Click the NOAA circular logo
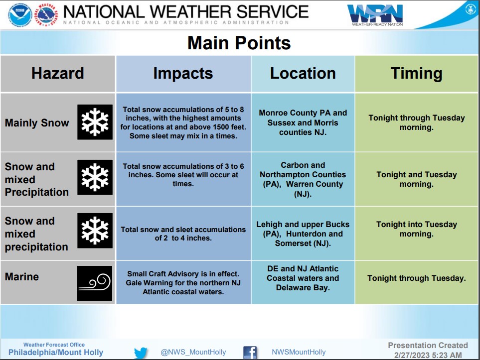tap(20, 14)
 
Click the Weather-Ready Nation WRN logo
tap(375, 15)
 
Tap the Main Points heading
tap(239, 42)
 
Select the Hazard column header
tap(57, 73)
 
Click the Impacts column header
tap(183, 73)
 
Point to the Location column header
tap(303, 73)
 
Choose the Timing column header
tap(416, 73)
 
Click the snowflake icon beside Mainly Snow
tap(95, 122)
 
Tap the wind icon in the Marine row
tap(95, 283)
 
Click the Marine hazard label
tap(22, 276)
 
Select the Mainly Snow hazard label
tap(37, 122)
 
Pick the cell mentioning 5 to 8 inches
tap(183, 122)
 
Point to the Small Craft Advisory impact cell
tap(183, 283)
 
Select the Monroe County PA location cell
tap(303, 122)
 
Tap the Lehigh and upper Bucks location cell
tap(303, 234)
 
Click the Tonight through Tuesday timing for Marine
tap(416, 278)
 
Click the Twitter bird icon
tap(141, 353)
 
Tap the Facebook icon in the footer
tap(250, 353)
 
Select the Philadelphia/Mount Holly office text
tap(56, 353)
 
